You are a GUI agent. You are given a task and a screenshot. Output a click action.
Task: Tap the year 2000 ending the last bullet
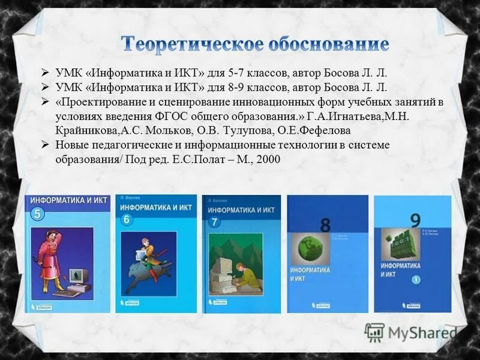click(x=268, y=160)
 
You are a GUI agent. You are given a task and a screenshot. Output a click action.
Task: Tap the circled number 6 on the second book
click(x=127, y=220)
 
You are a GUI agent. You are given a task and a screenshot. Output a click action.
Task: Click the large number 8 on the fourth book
click(x=326, y=225)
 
